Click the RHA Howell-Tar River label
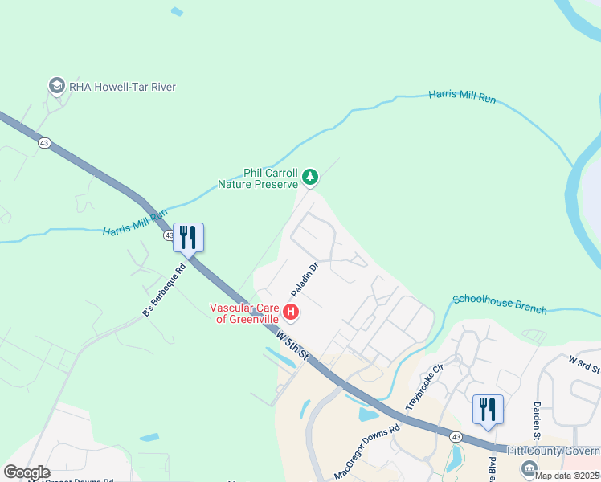123,87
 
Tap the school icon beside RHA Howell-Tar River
56,85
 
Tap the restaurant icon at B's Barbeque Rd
188,238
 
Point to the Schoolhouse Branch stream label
499,304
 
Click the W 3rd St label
584,363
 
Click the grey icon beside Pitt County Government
529,468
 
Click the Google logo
27,472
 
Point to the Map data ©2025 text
567,476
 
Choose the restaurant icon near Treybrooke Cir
487,409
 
